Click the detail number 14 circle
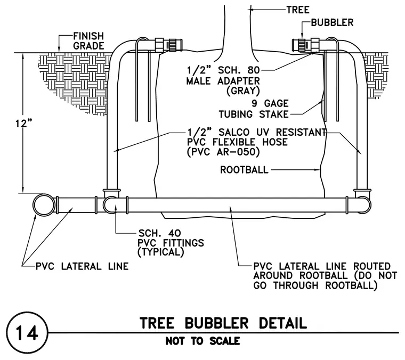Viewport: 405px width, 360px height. coord(27,333)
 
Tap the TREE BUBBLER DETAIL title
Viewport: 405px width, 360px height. coord(223,323)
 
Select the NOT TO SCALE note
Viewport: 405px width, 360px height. coord(203,341)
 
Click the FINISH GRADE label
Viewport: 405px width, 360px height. coord(88,41)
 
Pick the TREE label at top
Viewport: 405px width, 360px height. coord(298,10)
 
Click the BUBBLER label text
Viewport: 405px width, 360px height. coord(332,22)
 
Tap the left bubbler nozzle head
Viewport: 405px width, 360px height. coord(175,45)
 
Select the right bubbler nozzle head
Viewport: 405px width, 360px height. coord(299,45)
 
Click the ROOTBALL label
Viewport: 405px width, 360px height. coord(245,170)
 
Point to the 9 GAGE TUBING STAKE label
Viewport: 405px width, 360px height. coord(254,109)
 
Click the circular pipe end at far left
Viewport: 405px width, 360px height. coord(44,205)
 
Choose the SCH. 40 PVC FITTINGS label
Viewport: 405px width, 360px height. coord(171,243)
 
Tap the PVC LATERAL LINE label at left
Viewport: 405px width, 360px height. coord(82,266)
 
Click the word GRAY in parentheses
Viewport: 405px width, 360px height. coord(243,91)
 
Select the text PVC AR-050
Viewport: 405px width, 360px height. coord(223,152)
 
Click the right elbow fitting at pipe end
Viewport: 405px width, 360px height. coord(363,201)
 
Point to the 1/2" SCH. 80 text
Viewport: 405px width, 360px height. coord(223,70)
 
